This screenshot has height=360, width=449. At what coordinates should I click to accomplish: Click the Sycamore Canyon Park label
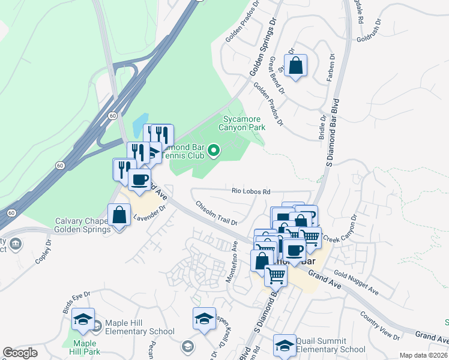point(244,124)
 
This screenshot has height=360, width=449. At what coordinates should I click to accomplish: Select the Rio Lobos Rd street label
point(252,191)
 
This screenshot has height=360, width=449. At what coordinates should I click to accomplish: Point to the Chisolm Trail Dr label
point(216,213)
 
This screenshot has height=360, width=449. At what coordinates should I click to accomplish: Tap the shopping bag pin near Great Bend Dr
point(296,66)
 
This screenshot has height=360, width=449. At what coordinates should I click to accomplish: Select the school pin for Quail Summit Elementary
point(284,345)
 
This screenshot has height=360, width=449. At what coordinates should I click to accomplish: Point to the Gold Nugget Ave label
point(357,282)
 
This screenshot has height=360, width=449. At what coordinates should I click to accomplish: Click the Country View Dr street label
point(380,325)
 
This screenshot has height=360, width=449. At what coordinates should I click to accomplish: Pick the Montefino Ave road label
point(231,262)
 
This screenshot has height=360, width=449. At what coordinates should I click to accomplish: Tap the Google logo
point(20,353)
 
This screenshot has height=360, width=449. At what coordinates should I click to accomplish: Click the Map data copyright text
point(424,355)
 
